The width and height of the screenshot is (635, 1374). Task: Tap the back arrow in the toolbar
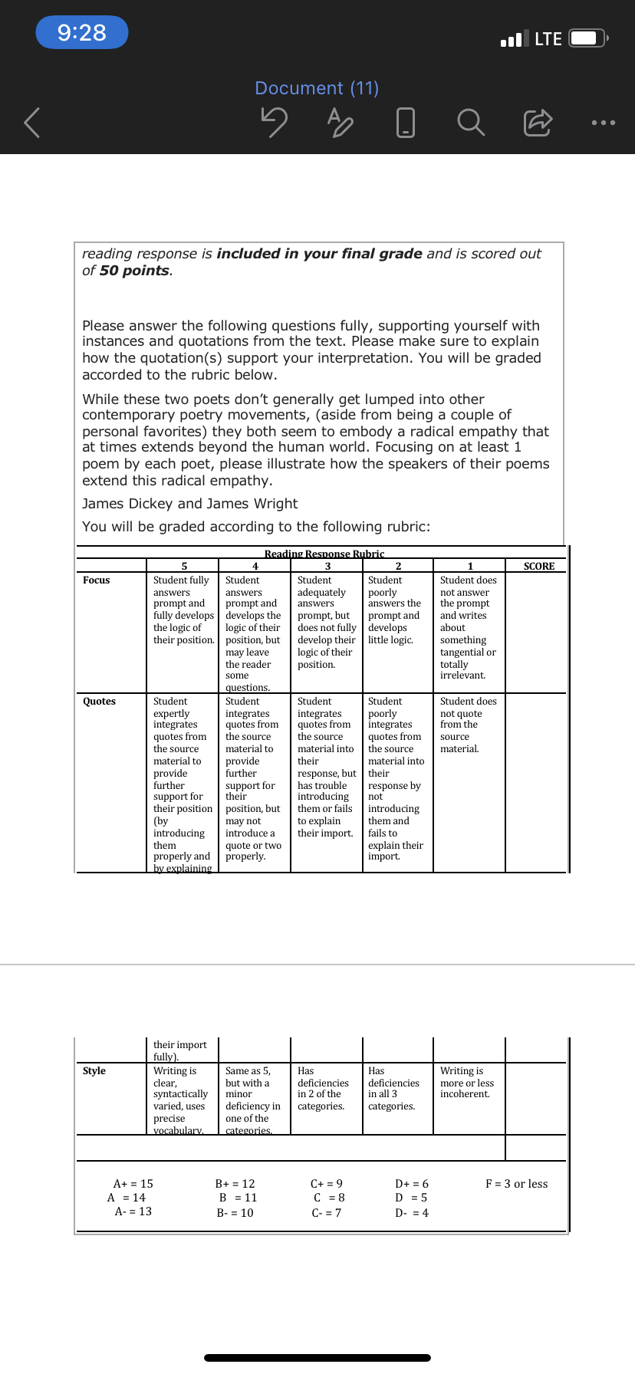point(31,123)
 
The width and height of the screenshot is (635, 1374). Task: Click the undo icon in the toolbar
point(274,122)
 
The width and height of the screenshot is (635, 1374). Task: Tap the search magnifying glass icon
point(471,122)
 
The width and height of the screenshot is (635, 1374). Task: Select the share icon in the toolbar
point(538,122)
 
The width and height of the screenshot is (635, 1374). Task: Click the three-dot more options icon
point(603,123)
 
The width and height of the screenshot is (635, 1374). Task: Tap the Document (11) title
point(317,88)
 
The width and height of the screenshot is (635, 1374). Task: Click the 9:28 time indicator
point(82,32)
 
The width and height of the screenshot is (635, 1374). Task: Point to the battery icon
point(589,38)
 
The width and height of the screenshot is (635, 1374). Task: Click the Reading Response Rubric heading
point(324,554)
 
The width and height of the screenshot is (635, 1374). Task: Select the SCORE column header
point(538,567)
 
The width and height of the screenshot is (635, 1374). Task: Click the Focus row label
point(97,580)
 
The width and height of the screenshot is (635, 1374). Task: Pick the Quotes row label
point(99,702)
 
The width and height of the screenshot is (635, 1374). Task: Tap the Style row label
point(94,1071)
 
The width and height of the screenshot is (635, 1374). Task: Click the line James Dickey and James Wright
point(190,504)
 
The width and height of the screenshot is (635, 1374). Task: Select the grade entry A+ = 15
point(133,1184)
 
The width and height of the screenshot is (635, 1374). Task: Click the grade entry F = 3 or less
point(516,1184)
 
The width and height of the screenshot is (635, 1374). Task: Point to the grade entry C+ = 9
point(327,1184)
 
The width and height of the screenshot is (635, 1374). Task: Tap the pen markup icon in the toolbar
point(340,122)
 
